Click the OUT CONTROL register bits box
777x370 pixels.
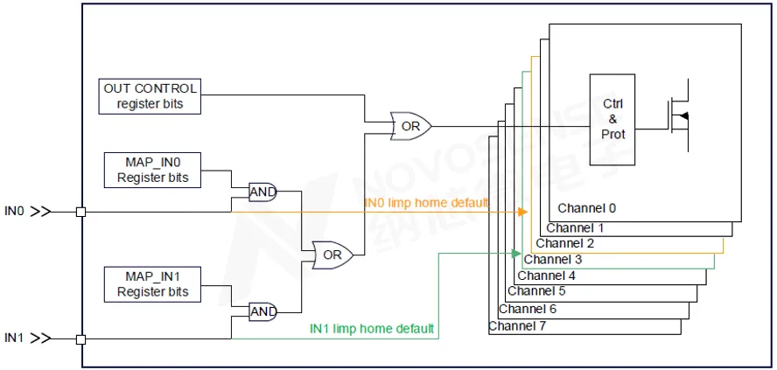(150, 96)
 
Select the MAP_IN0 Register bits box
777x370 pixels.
(153, 170)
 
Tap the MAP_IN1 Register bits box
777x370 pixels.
(153, 284)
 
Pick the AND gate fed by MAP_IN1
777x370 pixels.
(262, 311)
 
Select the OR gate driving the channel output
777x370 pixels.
(409, 126)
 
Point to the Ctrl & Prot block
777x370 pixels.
(612, 120)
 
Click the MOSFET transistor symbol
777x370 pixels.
(679, 116)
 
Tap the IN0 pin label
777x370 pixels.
(17, 212)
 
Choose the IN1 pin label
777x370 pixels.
(17, 338)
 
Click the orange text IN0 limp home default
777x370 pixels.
(426, 203)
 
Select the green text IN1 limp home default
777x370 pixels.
(372, 330)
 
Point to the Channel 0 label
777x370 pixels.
(587, 208)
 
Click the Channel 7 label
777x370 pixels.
(517, 326)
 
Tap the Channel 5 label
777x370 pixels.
(536, 291)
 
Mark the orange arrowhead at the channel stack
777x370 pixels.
(523, 212)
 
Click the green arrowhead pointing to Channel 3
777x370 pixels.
(517, 254)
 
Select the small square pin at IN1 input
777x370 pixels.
(81, 339)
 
